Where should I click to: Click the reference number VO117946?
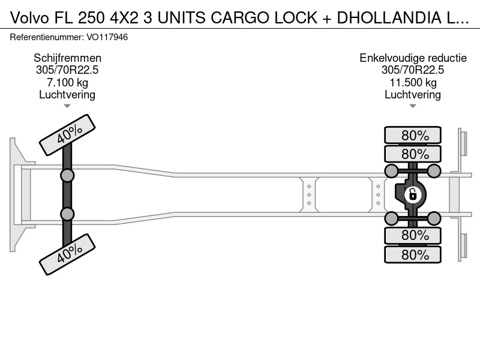(107, 37)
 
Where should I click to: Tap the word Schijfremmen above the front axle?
(67, 58)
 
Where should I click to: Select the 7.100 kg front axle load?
(67, 82)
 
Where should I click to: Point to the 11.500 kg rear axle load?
(413, 82)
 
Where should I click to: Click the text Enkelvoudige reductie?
(413, 58)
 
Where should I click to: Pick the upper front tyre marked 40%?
(67, 135)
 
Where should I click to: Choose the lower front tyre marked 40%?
(67, 254)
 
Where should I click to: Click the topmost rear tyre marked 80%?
(413, 135)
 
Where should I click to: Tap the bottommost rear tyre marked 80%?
(413, 254)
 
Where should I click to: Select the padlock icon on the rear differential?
(413, 194)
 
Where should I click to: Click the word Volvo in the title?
(29, 18)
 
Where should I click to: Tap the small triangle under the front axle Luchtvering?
(67, 106)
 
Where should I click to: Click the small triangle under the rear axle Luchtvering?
(413, 106)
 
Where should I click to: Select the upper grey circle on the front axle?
(67, 176)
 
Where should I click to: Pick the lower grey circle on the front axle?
(67, 214)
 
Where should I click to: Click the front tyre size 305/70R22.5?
(67, 70)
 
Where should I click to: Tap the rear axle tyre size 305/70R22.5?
(413, 70)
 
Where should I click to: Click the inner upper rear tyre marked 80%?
(413, 154)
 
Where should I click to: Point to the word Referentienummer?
(47, 37)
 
